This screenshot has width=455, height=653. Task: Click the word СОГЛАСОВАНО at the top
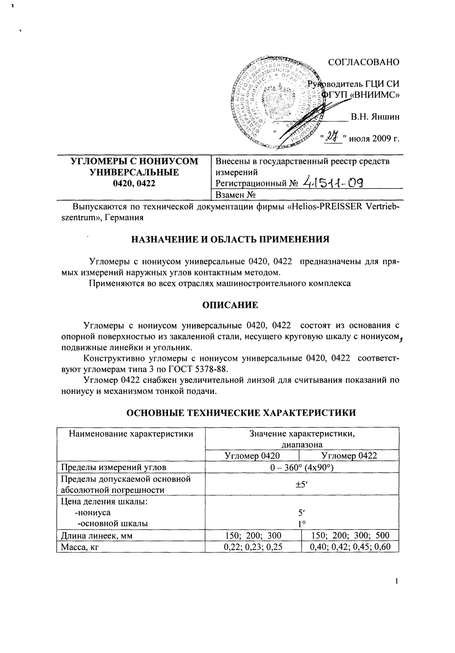point(363,62)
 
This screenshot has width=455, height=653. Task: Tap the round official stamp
point(277,103)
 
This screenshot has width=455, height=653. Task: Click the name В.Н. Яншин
point(375,117)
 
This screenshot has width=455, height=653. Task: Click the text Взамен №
point(235,195)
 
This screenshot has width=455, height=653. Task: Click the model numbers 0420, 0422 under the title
point(133,183)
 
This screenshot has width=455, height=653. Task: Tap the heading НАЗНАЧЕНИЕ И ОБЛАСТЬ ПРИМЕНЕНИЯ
point(230,240)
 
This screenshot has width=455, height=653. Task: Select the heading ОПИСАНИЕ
point(230,305)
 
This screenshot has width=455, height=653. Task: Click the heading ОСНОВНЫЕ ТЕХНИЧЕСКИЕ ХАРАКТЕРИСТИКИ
point(241,413)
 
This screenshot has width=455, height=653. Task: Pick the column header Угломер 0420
point(252,456)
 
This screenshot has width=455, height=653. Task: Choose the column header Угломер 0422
point(349,456)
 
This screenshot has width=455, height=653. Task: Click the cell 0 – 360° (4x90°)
point(302,467)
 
